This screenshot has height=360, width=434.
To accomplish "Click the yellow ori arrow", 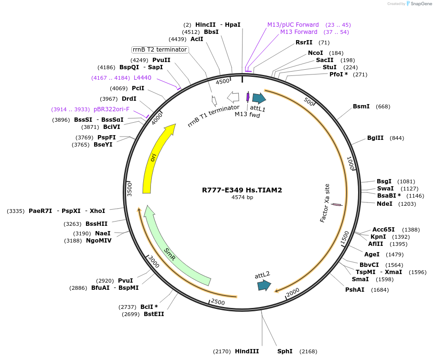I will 154,158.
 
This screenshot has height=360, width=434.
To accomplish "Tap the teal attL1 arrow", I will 259,98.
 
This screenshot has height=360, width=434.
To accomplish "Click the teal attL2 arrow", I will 264,285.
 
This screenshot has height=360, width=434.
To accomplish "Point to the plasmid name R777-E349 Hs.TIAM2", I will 242,190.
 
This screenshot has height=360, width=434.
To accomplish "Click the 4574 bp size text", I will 242,197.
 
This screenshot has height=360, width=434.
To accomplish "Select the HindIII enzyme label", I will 246,351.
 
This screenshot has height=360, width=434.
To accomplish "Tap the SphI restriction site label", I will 285,351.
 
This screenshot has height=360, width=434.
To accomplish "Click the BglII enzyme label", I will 375,138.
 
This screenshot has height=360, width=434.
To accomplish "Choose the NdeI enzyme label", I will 384,204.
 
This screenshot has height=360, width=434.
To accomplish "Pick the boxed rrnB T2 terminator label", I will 160,50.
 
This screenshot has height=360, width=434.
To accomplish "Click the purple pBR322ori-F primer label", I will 111,109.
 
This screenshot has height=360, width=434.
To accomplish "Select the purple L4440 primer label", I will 142,78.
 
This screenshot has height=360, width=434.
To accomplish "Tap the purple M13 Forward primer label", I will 298,32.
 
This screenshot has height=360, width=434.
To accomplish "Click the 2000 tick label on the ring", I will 293,291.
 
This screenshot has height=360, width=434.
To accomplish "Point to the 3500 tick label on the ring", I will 129,189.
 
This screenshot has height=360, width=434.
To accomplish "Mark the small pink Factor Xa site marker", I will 337,205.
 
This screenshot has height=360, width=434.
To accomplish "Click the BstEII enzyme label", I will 154,314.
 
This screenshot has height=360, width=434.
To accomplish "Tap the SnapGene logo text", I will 421,4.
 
